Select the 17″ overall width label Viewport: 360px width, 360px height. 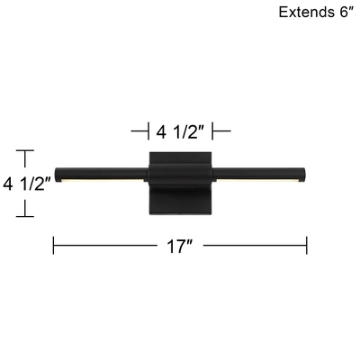(x=180, y=246)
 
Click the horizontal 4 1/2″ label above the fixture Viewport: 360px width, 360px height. (x=181, y=132)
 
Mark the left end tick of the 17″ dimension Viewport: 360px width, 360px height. (x=54, y=245)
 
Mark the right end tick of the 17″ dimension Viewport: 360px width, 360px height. (x=308, y=245)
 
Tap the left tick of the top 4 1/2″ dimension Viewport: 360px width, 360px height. (x=148, y=132)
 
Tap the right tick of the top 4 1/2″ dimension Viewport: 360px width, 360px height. (x=213, y=132)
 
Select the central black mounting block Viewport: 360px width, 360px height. (x=181, y=184)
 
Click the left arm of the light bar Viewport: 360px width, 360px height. (x=101, y=172)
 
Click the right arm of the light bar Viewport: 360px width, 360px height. (x=261, y=172)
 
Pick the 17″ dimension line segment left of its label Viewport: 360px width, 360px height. (x=108, y=245)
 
